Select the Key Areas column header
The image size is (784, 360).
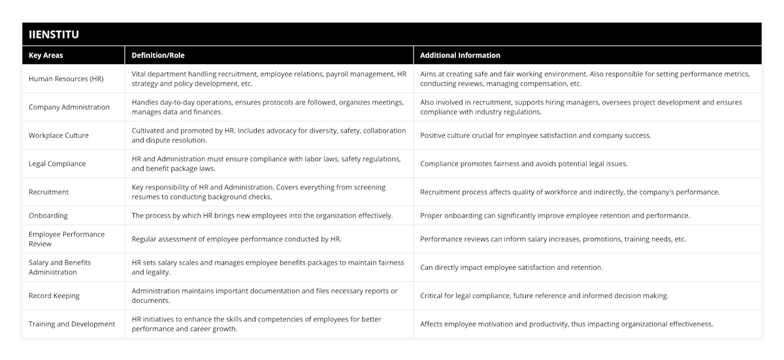pyautogui.click(x=46, y=56)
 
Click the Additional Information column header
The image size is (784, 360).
pyautogui.click(x=460, y=56)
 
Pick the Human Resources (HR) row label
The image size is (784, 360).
pyautogui.click(x=67, y=78)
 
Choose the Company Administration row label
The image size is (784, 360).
pyautogui.click(x=69, y=107)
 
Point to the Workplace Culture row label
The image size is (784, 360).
pyautogui.click(x=59, y=135)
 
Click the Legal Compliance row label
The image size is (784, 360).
pyautogui.click(x=57, y=164)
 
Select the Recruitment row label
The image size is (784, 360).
pyautogui.click(x=49, y=192)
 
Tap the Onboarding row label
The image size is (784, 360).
pyautogui.click(x=48, y=216)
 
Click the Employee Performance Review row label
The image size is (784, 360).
pyautogui.click(x=67, y=239)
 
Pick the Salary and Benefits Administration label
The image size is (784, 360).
pyautogui.click(x=60, y=267)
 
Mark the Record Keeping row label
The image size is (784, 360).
pyautogui.click(x=54, y=295)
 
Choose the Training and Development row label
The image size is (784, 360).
pyautogui.click(x=72, y=323)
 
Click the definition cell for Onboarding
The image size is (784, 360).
pyautogui.click(x=262, y=216)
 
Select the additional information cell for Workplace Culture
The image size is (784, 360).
pyautogui.click(x=536, y=135)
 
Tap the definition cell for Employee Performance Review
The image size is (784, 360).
pyautogui.click(x=237, y=239)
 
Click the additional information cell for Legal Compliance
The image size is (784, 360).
pyautogui.click(x=524, y=164)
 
